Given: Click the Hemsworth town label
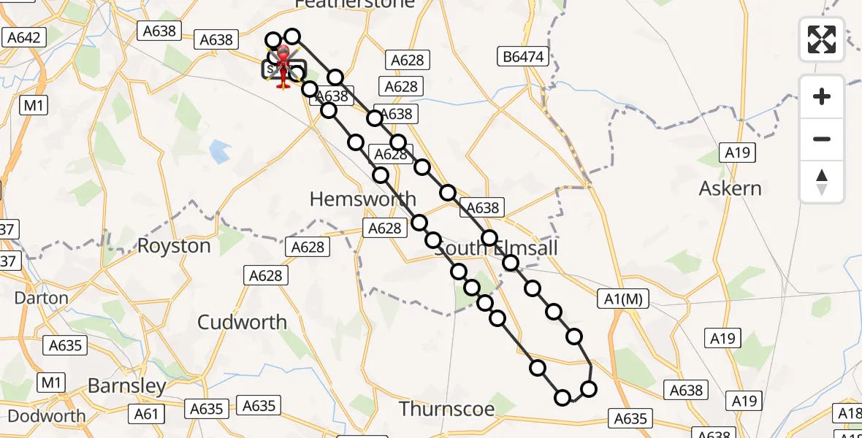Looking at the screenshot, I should [363, 199].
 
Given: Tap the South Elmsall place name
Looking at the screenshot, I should [497, 248].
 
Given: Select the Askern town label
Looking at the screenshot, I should [730, 188].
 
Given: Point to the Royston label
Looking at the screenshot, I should [174, 246].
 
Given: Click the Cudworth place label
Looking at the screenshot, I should [243, 322].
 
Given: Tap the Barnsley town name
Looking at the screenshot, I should [127, 385].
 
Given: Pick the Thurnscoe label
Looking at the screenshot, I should [447, 408].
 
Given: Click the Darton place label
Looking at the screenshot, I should [42, 298].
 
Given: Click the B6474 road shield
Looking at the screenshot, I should [524, 55].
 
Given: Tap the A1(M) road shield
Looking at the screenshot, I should [622, 298].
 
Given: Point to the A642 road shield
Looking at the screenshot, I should [24, 37].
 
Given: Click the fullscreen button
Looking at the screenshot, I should [822, 39].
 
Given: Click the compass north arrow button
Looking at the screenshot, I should [822, 182].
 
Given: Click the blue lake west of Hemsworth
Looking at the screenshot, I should [218, 152].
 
